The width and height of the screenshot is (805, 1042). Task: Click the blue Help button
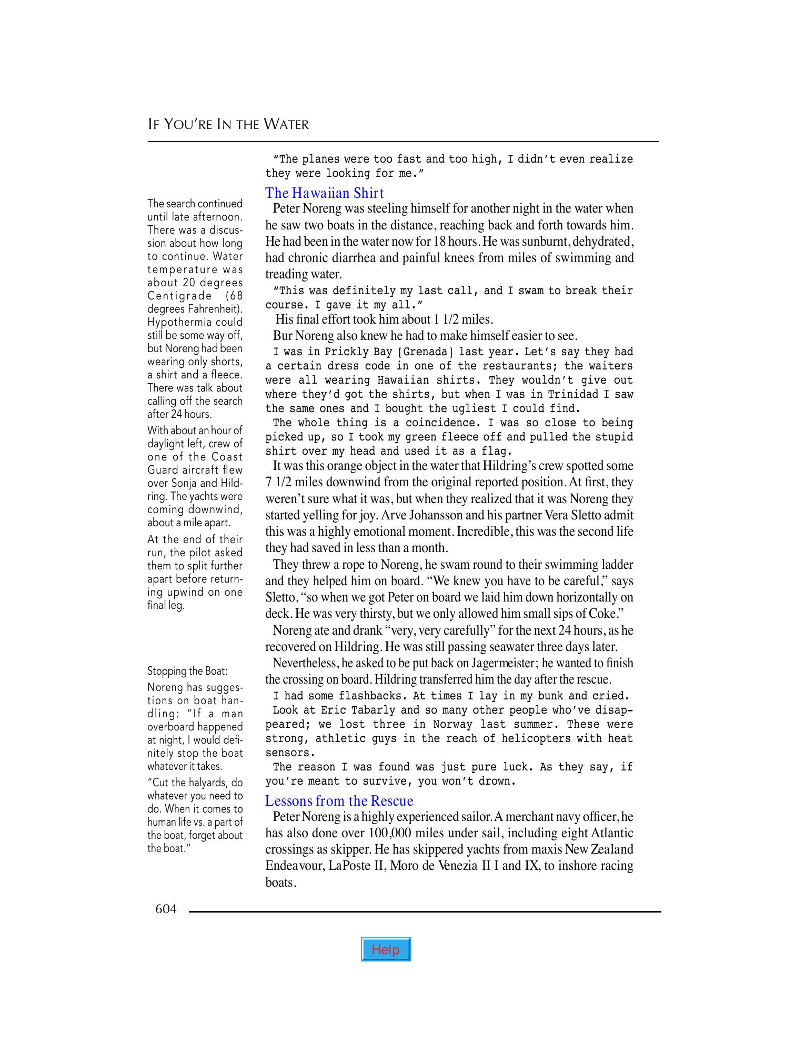386,949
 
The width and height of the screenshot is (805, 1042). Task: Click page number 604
166,909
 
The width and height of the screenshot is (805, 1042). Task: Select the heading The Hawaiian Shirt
325,193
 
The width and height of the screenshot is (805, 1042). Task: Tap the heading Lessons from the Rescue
339,800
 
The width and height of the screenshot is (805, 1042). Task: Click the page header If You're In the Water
228,124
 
